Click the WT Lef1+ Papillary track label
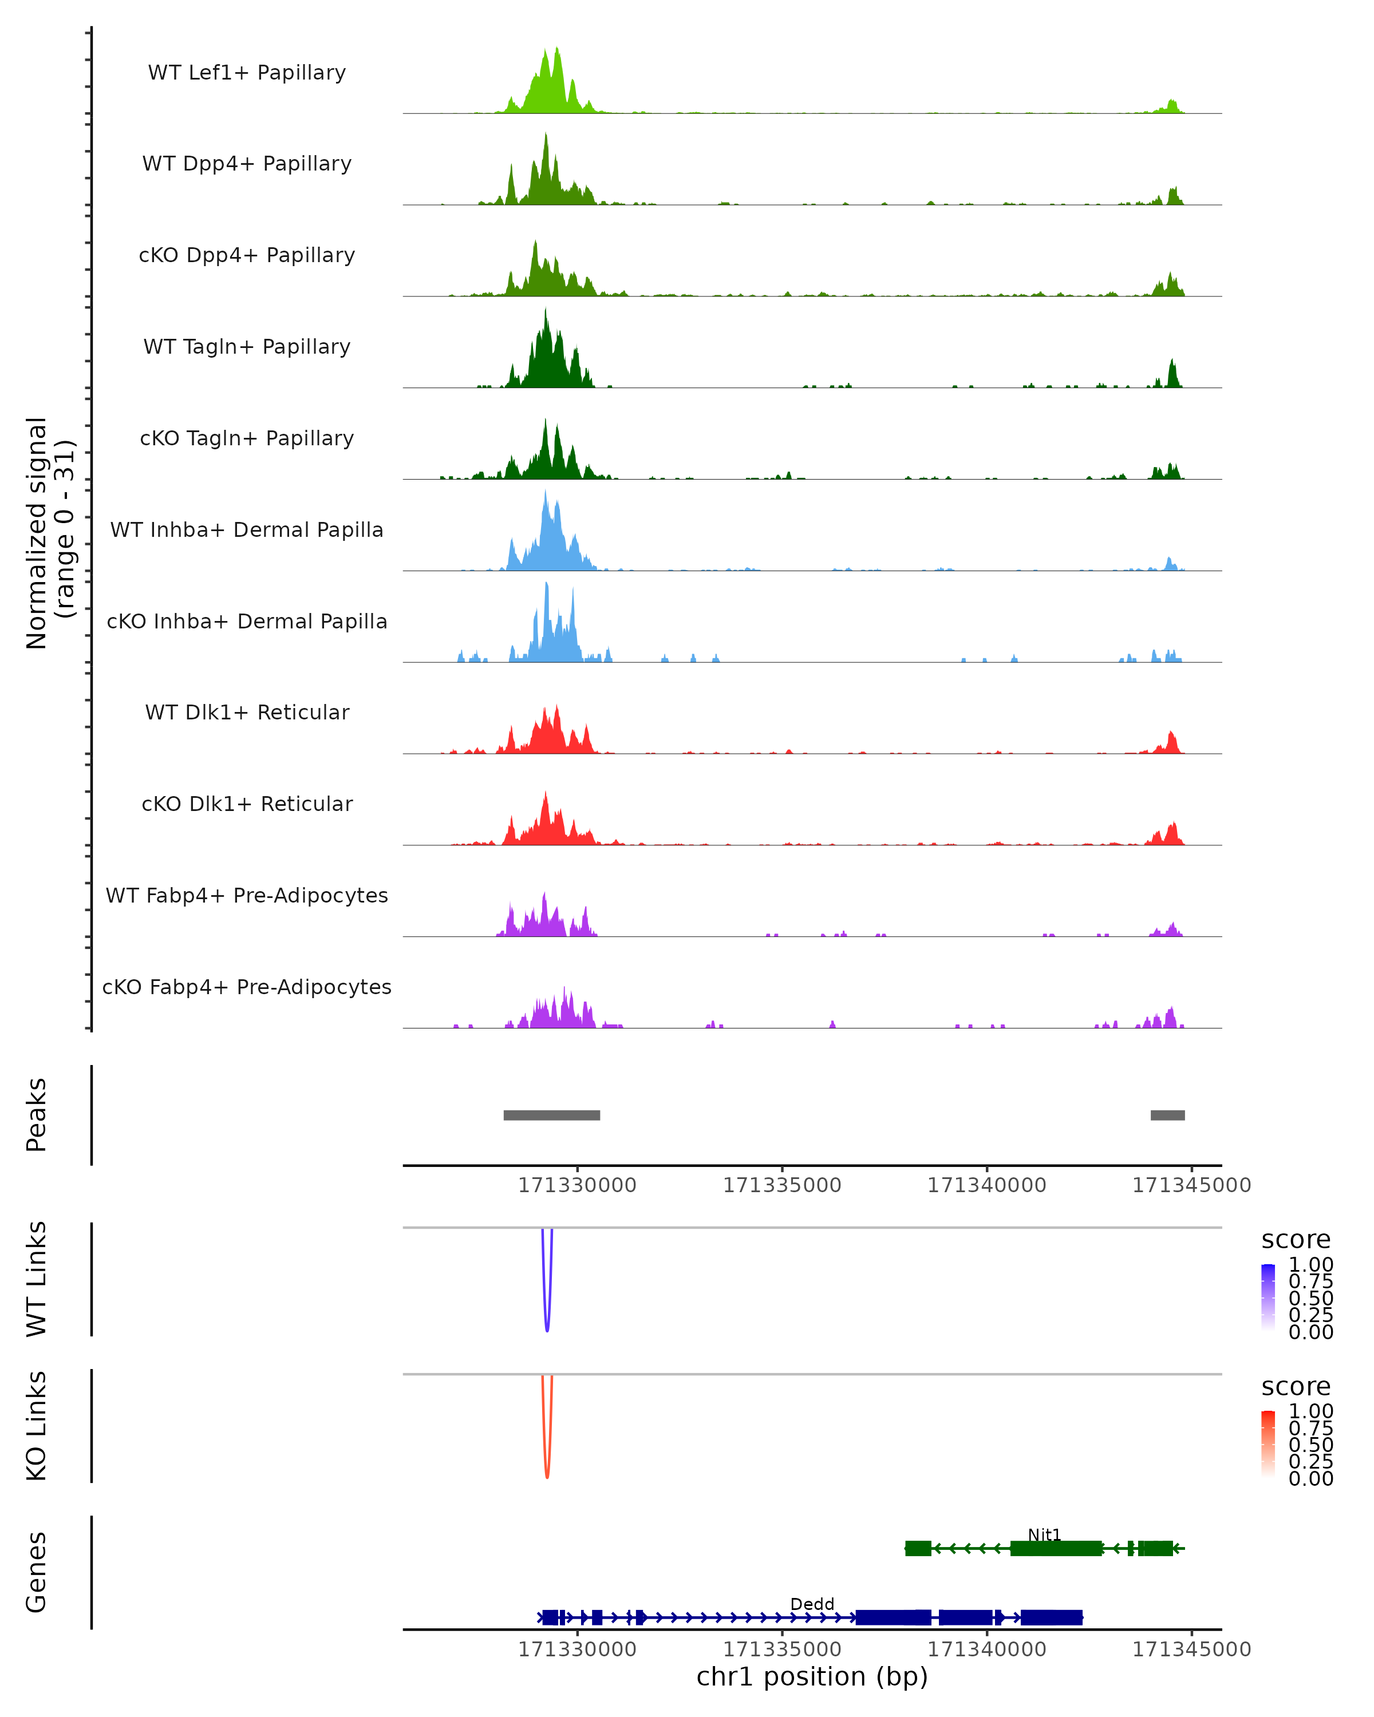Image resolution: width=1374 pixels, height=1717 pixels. [247, 73]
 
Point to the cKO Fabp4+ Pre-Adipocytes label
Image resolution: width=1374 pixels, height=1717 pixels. [247, 987]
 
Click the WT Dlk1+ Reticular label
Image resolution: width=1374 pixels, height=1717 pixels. [247, 712]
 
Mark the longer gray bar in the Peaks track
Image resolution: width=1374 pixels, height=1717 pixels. [551, 1115]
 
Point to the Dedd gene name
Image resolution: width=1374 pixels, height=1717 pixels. [812, 1604]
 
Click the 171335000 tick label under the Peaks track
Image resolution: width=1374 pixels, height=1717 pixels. [781, 1186]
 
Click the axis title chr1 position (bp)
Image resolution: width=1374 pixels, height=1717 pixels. [812, 1677]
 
